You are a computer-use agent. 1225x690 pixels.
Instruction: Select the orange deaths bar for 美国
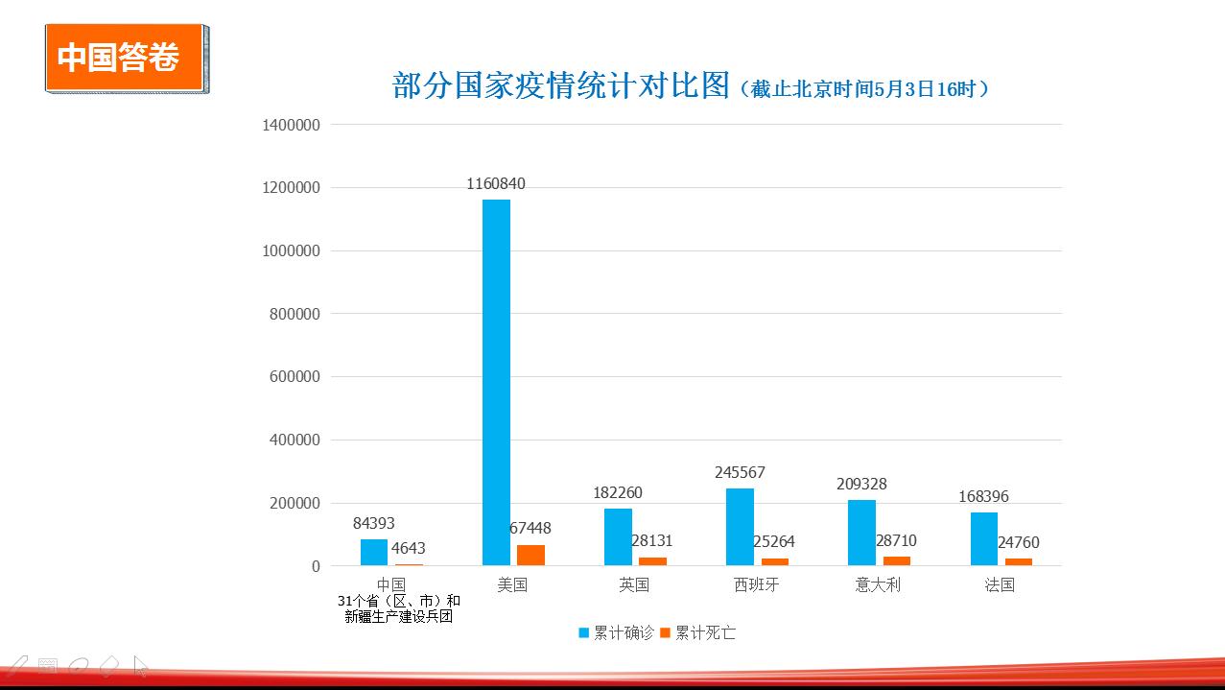point(530,556)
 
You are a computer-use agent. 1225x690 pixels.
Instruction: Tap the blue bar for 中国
point(374,553)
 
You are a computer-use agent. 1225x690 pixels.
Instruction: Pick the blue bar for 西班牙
point(740,527)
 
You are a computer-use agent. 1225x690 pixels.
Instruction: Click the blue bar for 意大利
point(861,533)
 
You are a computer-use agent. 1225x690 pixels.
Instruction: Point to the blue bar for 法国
point(984,539)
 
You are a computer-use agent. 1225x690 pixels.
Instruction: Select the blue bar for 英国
point(618,537)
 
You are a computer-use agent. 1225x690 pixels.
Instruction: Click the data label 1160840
point(496,184)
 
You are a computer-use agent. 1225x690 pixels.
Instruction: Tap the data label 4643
point(409,549)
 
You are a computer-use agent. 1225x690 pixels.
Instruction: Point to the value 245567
point(740,473)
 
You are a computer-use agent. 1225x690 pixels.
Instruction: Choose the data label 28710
point(896,541)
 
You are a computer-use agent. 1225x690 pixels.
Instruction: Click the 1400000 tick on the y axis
point(291,125)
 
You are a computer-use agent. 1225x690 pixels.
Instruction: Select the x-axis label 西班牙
point(756,584)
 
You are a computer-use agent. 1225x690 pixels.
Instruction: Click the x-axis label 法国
point(1000,584)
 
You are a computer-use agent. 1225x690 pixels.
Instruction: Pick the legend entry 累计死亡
point(697,633)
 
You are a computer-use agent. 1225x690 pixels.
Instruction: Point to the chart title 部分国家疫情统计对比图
point(561,85)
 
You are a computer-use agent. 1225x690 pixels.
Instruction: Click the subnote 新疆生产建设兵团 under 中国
point(398,617)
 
